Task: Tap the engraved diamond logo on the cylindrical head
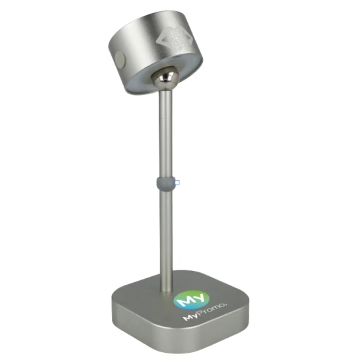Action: coord(174,39)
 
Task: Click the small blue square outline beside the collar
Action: coord(177,183)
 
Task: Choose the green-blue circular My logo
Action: coord(192,300)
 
